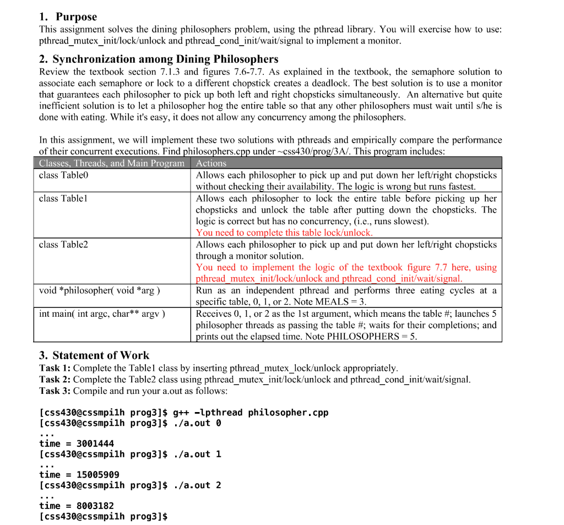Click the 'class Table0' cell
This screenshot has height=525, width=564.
tap(63, 175)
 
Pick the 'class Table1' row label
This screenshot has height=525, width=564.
tap(63, 198)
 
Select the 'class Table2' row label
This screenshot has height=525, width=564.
tap(63, 245)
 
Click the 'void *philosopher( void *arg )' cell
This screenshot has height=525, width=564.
tap(100, 290)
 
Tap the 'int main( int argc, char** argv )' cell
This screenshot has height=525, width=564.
tap(102, 313)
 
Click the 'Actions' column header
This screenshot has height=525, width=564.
tap(211, 163)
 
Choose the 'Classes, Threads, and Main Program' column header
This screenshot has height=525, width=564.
tap(112, 163)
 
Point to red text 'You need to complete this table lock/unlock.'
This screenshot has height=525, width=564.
tap(284, 232)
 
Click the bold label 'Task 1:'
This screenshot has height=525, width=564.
tap(55, 368)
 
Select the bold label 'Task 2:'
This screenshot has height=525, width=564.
tap(55, 380)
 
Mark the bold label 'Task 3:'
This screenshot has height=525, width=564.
tap(55, 391)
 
